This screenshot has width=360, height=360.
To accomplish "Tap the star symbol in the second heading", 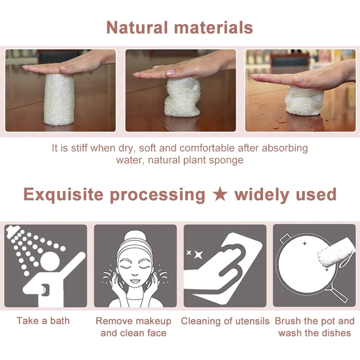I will click(220, 195).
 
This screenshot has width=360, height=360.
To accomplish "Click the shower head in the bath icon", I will click(14, 235).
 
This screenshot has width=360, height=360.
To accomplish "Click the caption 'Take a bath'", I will click(43, 321).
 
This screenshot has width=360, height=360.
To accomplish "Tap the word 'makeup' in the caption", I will click(153, 321).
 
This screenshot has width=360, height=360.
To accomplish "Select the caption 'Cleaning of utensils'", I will click(225, 321).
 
